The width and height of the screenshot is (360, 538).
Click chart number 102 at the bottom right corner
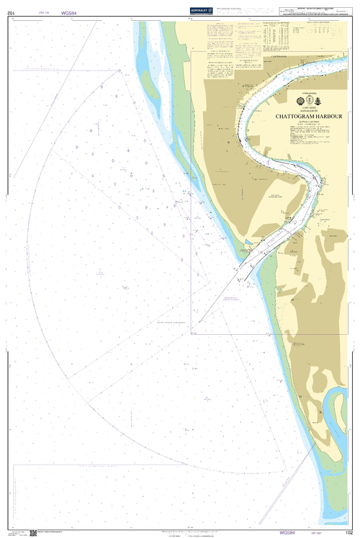click(349, 533)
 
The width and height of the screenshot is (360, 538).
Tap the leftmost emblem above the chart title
click(301, 102)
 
